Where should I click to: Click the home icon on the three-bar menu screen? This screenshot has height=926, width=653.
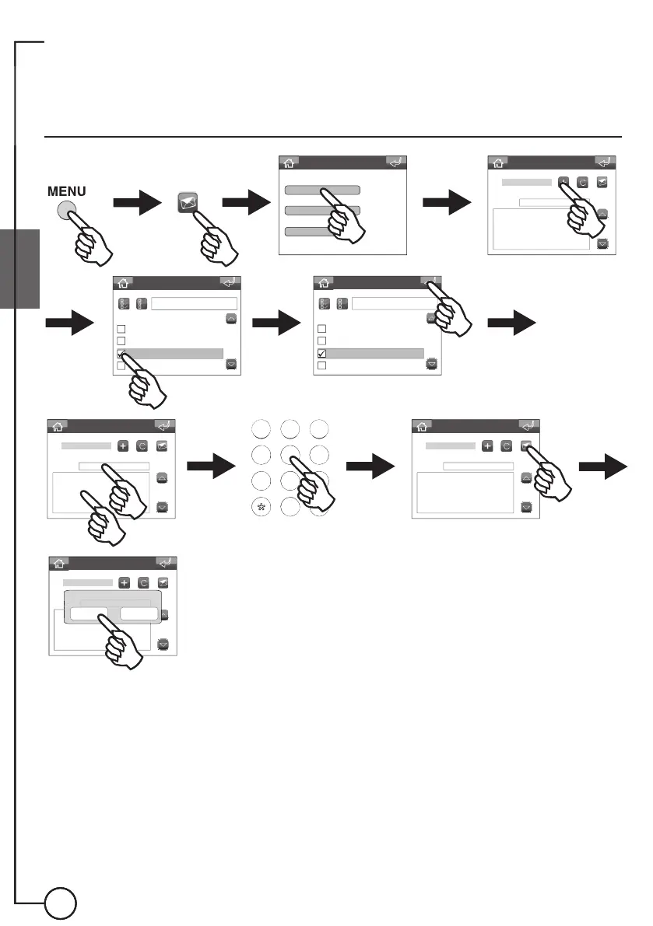coord(289,162)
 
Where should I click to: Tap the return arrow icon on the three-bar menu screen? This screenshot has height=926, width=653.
coord(397,162)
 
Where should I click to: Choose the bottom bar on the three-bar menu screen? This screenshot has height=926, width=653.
coord(310,232)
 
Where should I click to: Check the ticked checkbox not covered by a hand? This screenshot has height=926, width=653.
coord(321,354)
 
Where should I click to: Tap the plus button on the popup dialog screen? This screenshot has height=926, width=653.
coord(124,582)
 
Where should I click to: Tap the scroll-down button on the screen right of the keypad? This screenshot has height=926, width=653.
coord(526,506)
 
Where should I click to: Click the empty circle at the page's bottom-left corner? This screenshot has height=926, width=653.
coord(60,904)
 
